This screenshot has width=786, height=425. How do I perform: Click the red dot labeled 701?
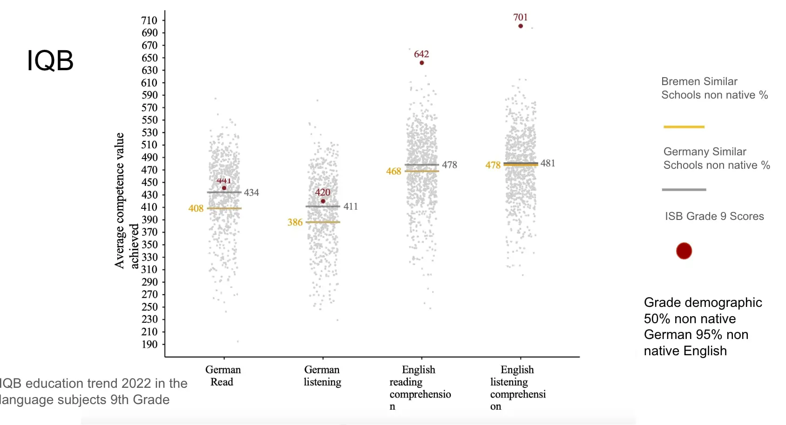[521, 26]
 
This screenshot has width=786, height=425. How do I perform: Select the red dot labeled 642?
[422, 63]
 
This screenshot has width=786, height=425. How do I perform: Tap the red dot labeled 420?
[323, 201]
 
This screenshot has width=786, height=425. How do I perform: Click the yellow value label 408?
[196, 208]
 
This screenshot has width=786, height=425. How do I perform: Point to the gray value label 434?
[251, 193]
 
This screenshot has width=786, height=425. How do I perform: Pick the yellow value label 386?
[295, 222]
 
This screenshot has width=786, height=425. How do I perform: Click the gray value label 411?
[351, 206]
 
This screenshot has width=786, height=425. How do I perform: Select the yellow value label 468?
[393, 171]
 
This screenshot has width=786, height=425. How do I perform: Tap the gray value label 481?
[548, 163]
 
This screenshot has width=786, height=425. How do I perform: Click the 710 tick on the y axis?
[149, 20]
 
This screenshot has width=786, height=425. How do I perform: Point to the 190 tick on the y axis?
[149, 345]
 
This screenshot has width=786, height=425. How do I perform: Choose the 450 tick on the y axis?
[149, 182]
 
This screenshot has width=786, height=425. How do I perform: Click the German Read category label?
[223, 376]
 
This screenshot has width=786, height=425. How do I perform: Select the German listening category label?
[322, 376]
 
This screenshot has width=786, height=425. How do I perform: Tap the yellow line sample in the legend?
[684, 126]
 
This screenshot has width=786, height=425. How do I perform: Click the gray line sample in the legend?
[684, 190]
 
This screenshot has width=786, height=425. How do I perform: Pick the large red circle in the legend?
[684, 251]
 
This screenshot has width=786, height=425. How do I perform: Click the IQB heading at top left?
[50, 61]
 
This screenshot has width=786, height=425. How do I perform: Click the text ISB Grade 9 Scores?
[714, 216]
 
